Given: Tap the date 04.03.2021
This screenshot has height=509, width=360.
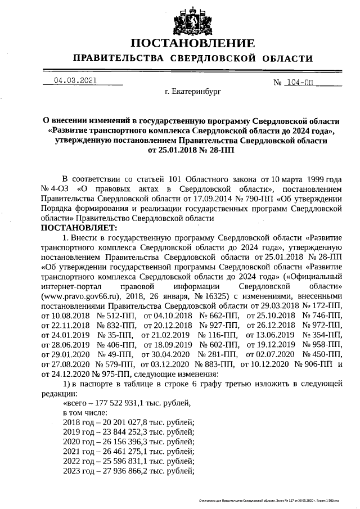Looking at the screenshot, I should coord(75,80).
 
